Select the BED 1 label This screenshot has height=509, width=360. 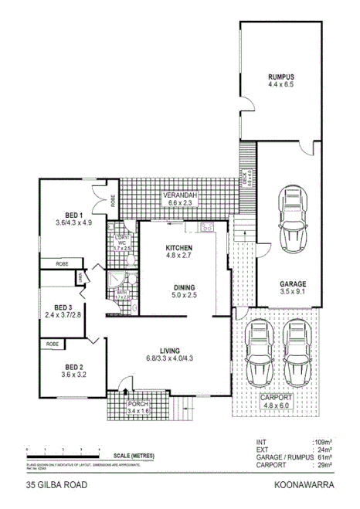pos(74,215)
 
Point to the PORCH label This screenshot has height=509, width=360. pos(137,404)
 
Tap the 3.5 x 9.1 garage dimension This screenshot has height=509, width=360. pos(293,292)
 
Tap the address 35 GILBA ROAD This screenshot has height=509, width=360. pos(56,486)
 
